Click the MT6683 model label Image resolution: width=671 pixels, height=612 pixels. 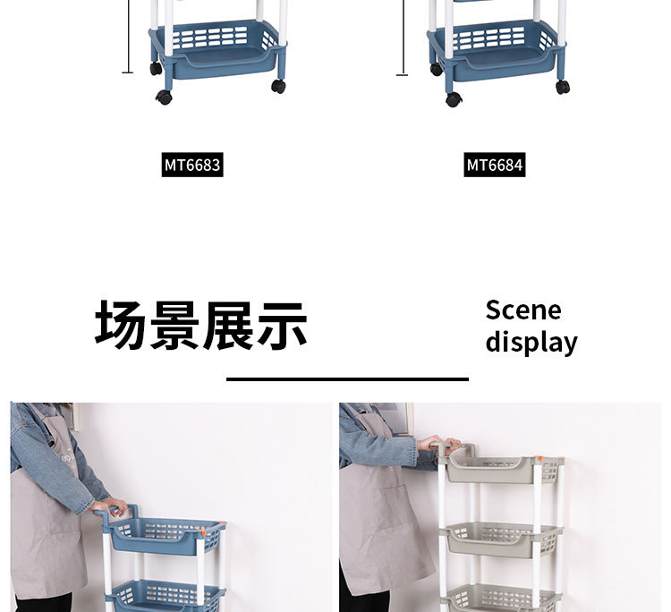191,166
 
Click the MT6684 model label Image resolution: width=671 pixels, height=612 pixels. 494,166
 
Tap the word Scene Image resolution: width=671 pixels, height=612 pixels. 523,310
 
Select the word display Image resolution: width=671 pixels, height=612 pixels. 531,342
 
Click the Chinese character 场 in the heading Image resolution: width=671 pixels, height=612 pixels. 121,325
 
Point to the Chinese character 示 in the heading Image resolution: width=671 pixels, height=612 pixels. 282,325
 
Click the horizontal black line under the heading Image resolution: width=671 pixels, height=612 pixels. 347,379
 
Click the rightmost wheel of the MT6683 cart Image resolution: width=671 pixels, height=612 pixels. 279,86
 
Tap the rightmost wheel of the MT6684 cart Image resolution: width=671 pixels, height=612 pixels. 562,87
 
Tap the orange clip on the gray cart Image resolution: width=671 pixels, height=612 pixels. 541,461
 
